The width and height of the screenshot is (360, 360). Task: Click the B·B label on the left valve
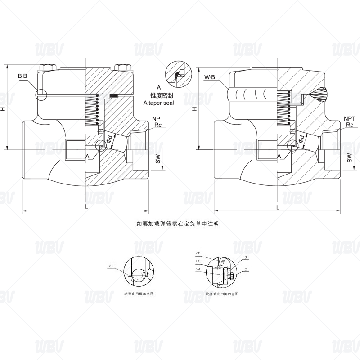coord(22,76)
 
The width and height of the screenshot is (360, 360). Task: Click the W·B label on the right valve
coord(210,77)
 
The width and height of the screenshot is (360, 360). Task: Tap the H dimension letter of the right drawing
coord(194,109)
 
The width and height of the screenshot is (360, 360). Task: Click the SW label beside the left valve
coord(157,157)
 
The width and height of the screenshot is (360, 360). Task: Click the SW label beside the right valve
coord(349,158)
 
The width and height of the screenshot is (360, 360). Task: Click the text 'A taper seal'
coord(158,103)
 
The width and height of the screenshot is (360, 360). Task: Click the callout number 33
coord(111,266)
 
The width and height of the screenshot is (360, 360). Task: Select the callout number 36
coord(198,253)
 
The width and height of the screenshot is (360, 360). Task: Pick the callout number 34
coord(198,270)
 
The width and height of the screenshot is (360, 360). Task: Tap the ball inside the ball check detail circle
coord(139,271)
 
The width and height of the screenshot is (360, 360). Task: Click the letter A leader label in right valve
coord(279,155)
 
